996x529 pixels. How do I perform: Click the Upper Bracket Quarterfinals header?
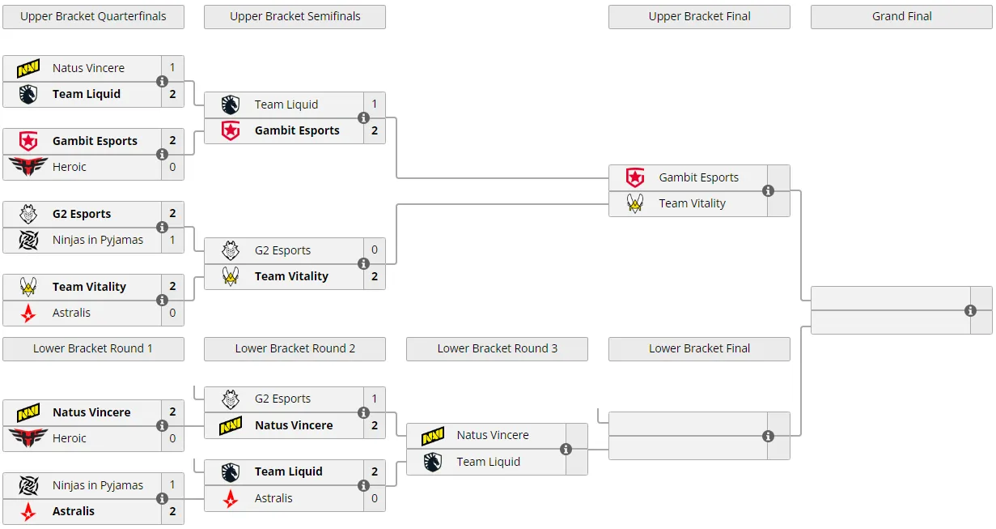click(x=93, y=16)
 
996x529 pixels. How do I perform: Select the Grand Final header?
click(x=901, y=16)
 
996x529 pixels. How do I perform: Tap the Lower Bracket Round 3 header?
click(x=497, y=348)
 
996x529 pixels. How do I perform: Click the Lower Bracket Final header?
click(x=699, y=348)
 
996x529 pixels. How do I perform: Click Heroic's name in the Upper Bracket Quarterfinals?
click(x=69, y=167)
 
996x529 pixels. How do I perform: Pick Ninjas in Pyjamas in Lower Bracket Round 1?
click(x=98, y=485)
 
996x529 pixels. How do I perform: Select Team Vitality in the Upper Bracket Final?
click(x=692, y=203)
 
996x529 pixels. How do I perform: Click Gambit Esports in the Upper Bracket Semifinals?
click(x=297, y=130)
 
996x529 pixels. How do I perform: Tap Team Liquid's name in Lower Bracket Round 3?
click(x=488, y=462)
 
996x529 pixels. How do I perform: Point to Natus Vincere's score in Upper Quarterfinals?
click(x=172, y=68)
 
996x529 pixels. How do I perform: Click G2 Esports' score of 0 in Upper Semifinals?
click(x=375, y=250)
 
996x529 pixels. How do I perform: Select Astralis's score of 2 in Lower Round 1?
click(x=172, y=511)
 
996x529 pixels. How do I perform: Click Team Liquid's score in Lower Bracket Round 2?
click(x=375, y=471)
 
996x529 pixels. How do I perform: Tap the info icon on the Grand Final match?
click(x=970, y=310)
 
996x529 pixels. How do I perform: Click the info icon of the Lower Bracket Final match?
click(x=768, y=436)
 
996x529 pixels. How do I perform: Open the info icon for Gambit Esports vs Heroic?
click(x=163, y=154)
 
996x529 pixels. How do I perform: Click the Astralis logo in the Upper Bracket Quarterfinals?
click(x=28, y=313)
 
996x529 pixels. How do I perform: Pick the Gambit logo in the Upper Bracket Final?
click(x=634, y=177)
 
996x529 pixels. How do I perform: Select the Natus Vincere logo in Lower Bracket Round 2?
click(x=231, y=425)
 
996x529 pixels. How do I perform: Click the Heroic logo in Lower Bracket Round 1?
click(x=28, y=437)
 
